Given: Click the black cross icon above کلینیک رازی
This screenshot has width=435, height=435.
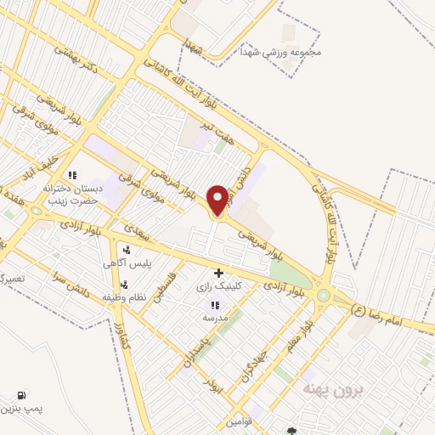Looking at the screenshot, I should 219,274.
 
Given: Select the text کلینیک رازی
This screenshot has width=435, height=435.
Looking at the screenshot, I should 219,287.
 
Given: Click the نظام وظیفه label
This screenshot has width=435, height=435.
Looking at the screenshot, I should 125,297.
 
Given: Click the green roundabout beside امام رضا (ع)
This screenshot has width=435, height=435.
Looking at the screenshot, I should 324,295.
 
